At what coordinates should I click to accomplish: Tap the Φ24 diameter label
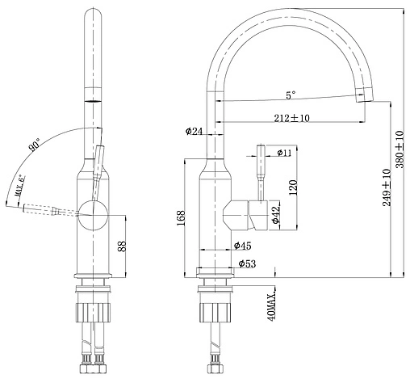(193, 130)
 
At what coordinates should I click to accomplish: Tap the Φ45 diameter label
(242, 246)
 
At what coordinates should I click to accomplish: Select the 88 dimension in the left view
(122, 247)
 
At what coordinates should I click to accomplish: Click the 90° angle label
(34, 146)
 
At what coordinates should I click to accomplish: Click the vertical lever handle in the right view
(262, 173)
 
